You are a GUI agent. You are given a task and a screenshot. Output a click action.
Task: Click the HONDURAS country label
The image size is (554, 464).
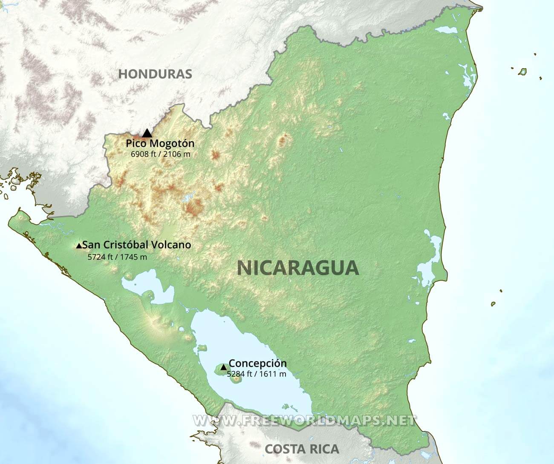click(x=155, y=74)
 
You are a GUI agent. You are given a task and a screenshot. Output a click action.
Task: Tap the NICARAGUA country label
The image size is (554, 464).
click(x=298, y=268)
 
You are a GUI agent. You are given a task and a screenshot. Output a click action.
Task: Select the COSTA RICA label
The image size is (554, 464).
click(x=302, y=449)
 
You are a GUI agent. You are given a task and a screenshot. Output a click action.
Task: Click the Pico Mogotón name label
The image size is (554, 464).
click(x=160, y=143)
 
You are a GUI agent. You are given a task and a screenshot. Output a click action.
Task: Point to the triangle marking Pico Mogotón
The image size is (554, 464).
click(x=147, y=133)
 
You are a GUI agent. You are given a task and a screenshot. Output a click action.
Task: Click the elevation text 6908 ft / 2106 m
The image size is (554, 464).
click(x=161, y=154)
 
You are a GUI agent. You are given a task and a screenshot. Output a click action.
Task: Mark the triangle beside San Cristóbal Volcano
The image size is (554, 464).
click(x=79, y=246)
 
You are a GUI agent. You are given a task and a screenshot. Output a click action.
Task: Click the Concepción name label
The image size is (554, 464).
click(x=257, y=364)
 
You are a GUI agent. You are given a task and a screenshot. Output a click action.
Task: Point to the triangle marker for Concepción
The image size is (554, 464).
click(x=223, y=367)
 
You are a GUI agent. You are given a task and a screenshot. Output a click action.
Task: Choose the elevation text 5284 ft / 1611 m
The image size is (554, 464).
click(x=256, y=374)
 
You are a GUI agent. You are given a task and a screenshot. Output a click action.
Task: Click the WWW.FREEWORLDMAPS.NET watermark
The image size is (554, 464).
click(x=304, y=421)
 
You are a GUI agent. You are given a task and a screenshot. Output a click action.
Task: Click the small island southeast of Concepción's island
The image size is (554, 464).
click(x=234, y=378)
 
